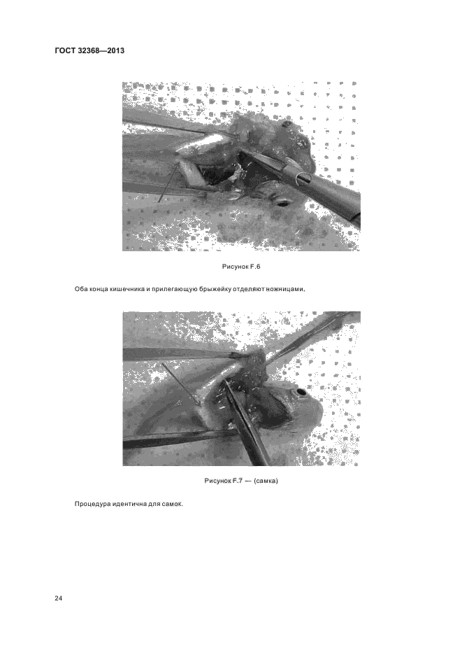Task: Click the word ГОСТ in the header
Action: click(x=64, y=51)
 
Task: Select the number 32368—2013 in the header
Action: click(x=101, y=51)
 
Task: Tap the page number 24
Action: click(x=59, y=598)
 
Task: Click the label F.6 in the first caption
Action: click(x=255, y=267)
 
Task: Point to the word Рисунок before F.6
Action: click(x=235, y=267)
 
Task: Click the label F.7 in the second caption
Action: click(x=238, y=480)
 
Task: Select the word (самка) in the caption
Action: click(x=266, y=480)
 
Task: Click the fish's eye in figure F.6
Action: click(x=283, y=204)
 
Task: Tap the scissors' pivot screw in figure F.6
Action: click(x=301, y=179)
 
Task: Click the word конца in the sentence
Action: click(x=98, y=289)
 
